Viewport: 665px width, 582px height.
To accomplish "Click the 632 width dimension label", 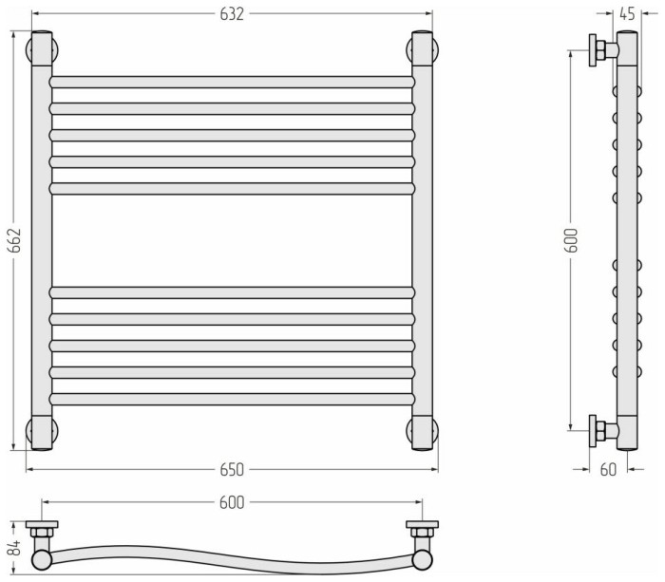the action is [232, 14].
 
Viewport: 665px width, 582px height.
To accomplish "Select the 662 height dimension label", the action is [14, 240].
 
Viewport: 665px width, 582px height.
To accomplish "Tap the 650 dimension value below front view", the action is [232, 470].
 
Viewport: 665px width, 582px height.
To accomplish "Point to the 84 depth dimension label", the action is [14, 548].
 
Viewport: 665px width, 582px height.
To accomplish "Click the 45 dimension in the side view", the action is [627, 14].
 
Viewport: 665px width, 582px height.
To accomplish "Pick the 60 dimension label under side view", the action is [608, 470].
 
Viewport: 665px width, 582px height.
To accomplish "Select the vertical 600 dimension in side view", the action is [571, 240].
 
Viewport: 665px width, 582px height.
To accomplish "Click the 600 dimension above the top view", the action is [232, 503].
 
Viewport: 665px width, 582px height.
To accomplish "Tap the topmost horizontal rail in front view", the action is [232, 82].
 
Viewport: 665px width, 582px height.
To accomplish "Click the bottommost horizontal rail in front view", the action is [232, 400].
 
